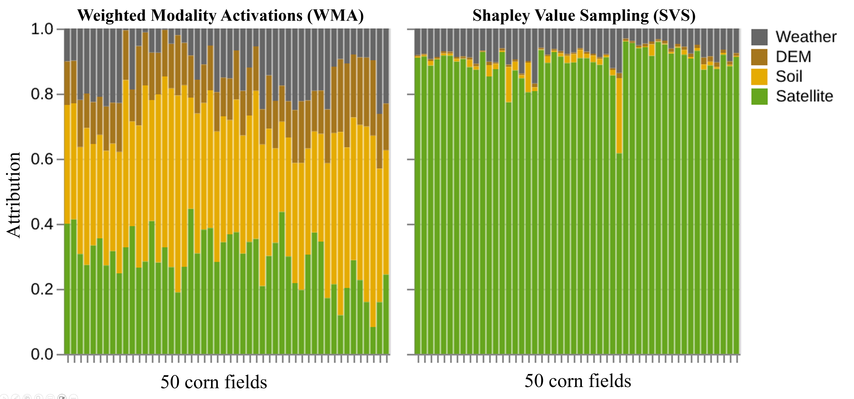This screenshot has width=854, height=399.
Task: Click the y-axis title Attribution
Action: tap(14, 195)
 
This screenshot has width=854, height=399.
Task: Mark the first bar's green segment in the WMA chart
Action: tap(67, 289)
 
